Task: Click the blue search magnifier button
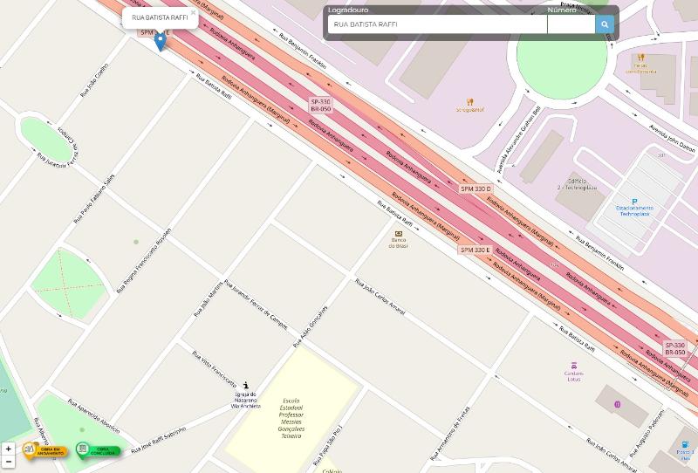[x=605, y=24]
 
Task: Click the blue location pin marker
[x=161, y=41]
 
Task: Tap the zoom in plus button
[x=9, y=449]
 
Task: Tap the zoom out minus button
[x=9, y=461]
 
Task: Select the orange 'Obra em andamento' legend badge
[x=45, y=450]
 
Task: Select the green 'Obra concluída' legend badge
[x=98, y=450]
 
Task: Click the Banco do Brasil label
[x=399, y=243]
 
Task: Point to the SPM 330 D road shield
[x=476, y=189]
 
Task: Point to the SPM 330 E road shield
[x=476, y=250]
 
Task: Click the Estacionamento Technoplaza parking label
[x=634, y=210]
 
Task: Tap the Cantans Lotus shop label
[x=573, y=375]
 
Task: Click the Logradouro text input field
[x=436, y=24]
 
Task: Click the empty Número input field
[x=571, y=24]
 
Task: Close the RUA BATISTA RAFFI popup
[x=193, y=12]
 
